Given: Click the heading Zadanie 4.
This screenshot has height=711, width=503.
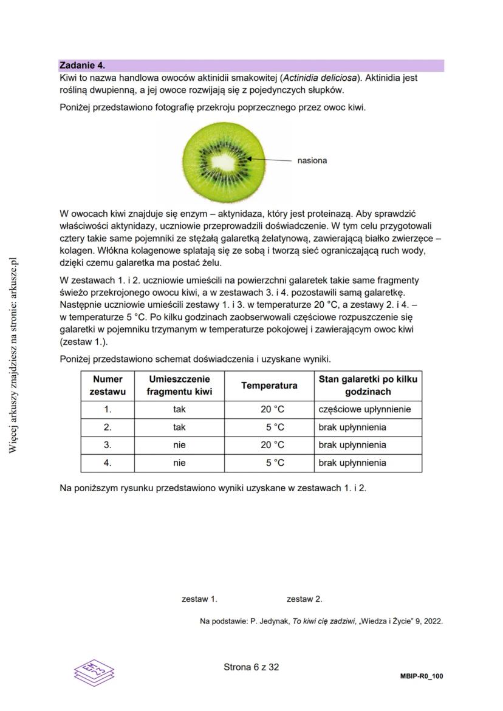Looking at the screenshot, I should [82, 65].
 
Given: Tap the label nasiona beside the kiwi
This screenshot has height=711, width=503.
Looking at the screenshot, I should [312, 161].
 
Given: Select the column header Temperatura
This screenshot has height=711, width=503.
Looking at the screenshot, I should [269, 386].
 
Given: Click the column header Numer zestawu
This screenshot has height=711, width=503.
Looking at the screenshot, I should [108, 386].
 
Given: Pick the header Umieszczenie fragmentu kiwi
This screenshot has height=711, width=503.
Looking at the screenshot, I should [179, 386].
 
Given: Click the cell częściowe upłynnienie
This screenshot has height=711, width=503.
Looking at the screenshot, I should [364, 410].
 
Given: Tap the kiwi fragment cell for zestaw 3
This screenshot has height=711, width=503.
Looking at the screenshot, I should [179, 445].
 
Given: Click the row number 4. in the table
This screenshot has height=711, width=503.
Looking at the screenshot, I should [108, 463].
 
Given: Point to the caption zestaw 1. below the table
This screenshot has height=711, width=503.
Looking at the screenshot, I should [199, 599].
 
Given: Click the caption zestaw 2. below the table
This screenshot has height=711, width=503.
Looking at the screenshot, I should [304, 599].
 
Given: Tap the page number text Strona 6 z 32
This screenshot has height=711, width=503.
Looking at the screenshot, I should [251, 667].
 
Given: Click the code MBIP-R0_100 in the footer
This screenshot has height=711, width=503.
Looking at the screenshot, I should [422, 676].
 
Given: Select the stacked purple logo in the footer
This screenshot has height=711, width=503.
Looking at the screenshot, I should [94, 670].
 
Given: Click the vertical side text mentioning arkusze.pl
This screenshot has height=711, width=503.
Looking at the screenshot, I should [13, 355].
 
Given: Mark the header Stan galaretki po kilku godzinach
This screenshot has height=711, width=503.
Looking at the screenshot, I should [368, 386].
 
